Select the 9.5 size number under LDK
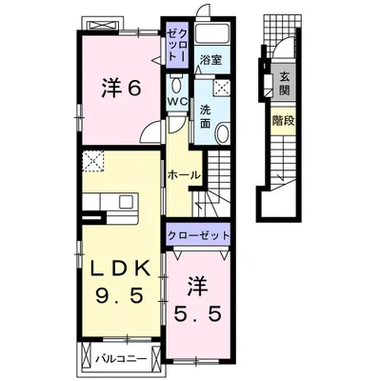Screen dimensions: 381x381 [119, 296]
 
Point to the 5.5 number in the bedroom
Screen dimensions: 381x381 [197, 314]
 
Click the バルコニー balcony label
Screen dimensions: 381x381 [122, 359]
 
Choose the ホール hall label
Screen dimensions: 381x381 [184, 175]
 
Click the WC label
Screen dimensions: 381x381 [178, 102]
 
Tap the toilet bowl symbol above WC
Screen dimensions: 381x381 [176, 84]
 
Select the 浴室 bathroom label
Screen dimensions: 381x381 [211, 60]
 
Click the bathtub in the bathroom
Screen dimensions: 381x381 [211, 32]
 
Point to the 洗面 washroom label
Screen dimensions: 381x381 [206, 117]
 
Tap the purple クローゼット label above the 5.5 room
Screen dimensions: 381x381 [198, 235]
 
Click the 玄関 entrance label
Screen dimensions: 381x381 [284, 84]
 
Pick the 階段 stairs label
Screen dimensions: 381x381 [284, 121]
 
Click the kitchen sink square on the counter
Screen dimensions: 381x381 [126, 201]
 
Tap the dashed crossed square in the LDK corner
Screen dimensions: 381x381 [93, 161]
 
